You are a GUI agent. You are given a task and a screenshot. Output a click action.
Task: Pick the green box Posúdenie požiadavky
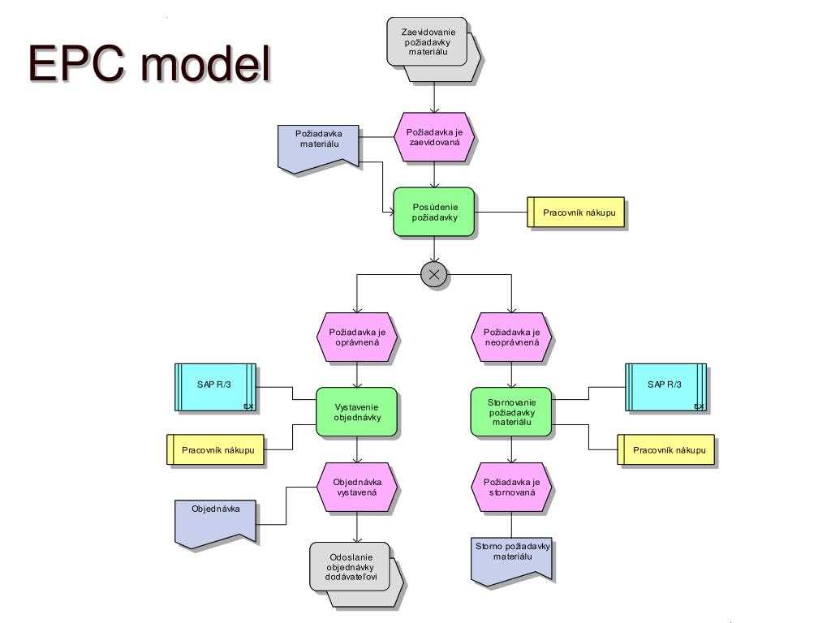coord(434,212)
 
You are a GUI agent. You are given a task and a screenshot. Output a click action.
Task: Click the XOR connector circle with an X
coord(434,275)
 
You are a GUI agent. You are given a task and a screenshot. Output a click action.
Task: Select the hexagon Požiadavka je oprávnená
coord(357,337)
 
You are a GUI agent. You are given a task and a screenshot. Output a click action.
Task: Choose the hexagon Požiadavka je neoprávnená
coord(511,337)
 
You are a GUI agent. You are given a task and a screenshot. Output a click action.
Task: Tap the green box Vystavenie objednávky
coord(357,411)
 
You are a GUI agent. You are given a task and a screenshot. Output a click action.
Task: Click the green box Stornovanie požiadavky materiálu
coord(511,411)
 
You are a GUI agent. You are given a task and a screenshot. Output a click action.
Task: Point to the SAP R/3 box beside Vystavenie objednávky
coord(215,387)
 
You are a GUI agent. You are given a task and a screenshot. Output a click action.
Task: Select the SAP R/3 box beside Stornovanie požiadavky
coord(665,387)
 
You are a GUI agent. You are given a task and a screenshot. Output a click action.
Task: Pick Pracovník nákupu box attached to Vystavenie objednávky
coord(216,449)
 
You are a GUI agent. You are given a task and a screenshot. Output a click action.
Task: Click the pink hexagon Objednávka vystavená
coord(357,487)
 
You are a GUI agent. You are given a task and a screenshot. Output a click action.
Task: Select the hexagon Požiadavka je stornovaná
coord(511,487)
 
